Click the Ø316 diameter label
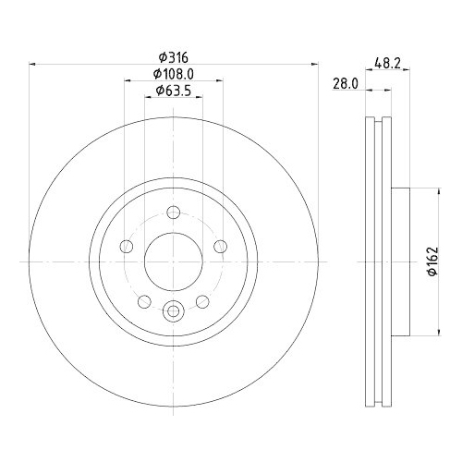coord(173,57)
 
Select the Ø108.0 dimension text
coord(174,74)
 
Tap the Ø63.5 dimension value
coord(174,91)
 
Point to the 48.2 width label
coord(387,64)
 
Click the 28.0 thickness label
coord(346,83)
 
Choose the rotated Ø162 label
coord(432,261)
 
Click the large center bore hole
coord(174,261)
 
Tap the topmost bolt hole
coord(174,213)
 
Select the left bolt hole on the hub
coord(127,247)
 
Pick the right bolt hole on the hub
coord(221,247)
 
